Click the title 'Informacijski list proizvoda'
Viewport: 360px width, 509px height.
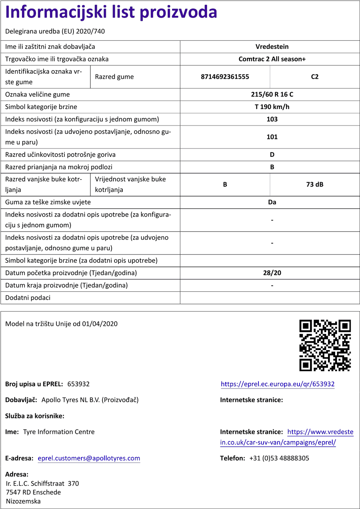(111, 12)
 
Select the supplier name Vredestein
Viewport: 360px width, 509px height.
(272, 47)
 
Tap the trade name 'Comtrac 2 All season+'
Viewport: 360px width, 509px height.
(272, 59)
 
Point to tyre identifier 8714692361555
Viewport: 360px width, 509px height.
(225, 77)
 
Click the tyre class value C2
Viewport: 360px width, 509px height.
(315, 77)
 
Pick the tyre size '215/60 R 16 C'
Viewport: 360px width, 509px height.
(272, 95)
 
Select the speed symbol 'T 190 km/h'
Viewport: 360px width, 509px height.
(272, 107)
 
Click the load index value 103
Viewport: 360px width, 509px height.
(272, 119)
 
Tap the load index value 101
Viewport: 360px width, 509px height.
(272, 137)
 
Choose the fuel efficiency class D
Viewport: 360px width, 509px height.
(272, 155)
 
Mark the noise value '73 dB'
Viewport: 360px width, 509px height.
(315, 185)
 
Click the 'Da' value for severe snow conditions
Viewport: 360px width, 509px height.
(272, 202)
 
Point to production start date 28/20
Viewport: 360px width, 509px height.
(272, 273)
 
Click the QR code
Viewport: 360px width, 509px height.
(325, 345)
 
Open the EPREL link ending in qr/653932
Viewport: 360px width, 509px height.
(278, 384)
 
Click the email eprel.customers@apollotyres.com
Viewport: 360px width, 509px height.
(89, 458)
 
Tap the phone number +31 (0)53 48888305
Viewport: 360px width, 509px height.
(279, 458)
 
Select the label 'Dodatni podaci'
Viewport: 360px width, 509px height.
(28, 298)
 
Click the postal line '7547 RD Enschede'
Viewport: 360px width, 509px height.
(33, 492)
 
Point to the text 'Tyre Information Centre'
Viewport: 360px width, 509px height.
(59, 432)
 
